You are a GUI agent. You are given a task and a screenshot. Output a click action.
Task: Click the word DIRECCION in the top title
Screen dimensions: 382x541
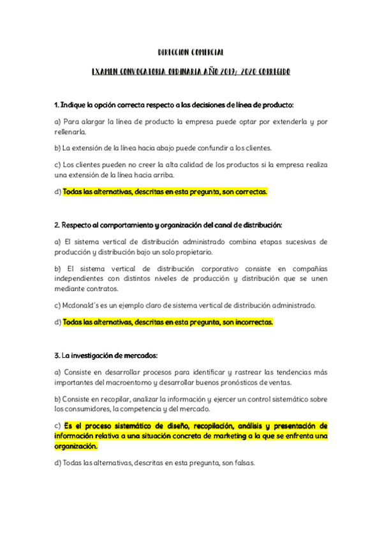(173, 52)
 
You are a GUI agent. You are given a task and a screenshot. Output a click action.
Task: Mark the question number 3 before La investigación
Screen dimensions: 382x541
(57, 355)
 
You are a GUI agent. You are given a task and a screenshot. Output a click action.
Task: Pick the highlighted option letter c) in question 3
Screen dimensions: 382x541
(58, 426)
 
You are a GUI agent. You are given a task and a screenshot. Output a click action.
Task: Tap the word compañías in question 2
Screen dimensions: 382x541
(309, 269)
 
